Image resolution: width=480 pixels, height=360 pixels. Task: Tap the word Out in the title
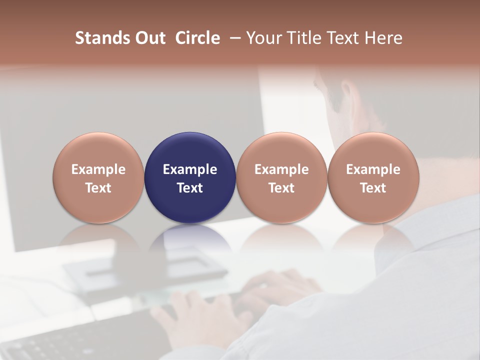[148, 38]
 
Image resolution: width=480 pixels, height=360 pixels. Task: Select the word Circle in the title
[197, 38]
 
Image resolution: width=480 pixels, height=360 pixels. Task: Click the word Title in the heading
[301, 38]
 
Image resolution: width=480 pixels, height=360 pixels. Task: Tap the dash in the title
[233, 38]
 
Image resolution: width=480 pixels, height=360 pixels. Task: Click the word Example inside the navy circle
[190, 169]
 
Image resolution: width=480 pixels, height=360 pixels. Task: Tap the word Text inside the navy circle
[190, 188]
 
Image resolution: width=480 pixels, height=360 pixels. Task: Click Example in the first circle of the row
[98, 169]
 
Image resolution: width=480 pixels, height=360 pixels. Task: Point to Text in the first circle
[98, 188]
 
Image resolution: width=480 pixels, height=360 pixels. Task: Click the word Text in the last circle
[373, 188]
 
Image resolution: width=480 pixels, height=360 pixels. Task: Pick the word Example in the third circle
[281, 169]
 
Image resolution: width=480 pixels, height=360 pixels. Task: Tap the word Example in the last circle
[373, 169]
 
